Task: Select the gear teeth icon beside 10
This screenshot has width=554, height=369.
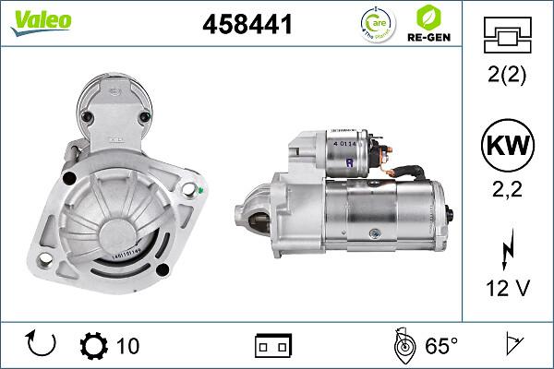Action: [x=95, y=346]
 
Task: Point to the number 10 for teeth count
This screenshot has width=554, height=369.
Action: [x=128, y=346]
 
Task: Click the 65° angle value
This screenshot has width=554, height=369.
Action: [x=441, y=346]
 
